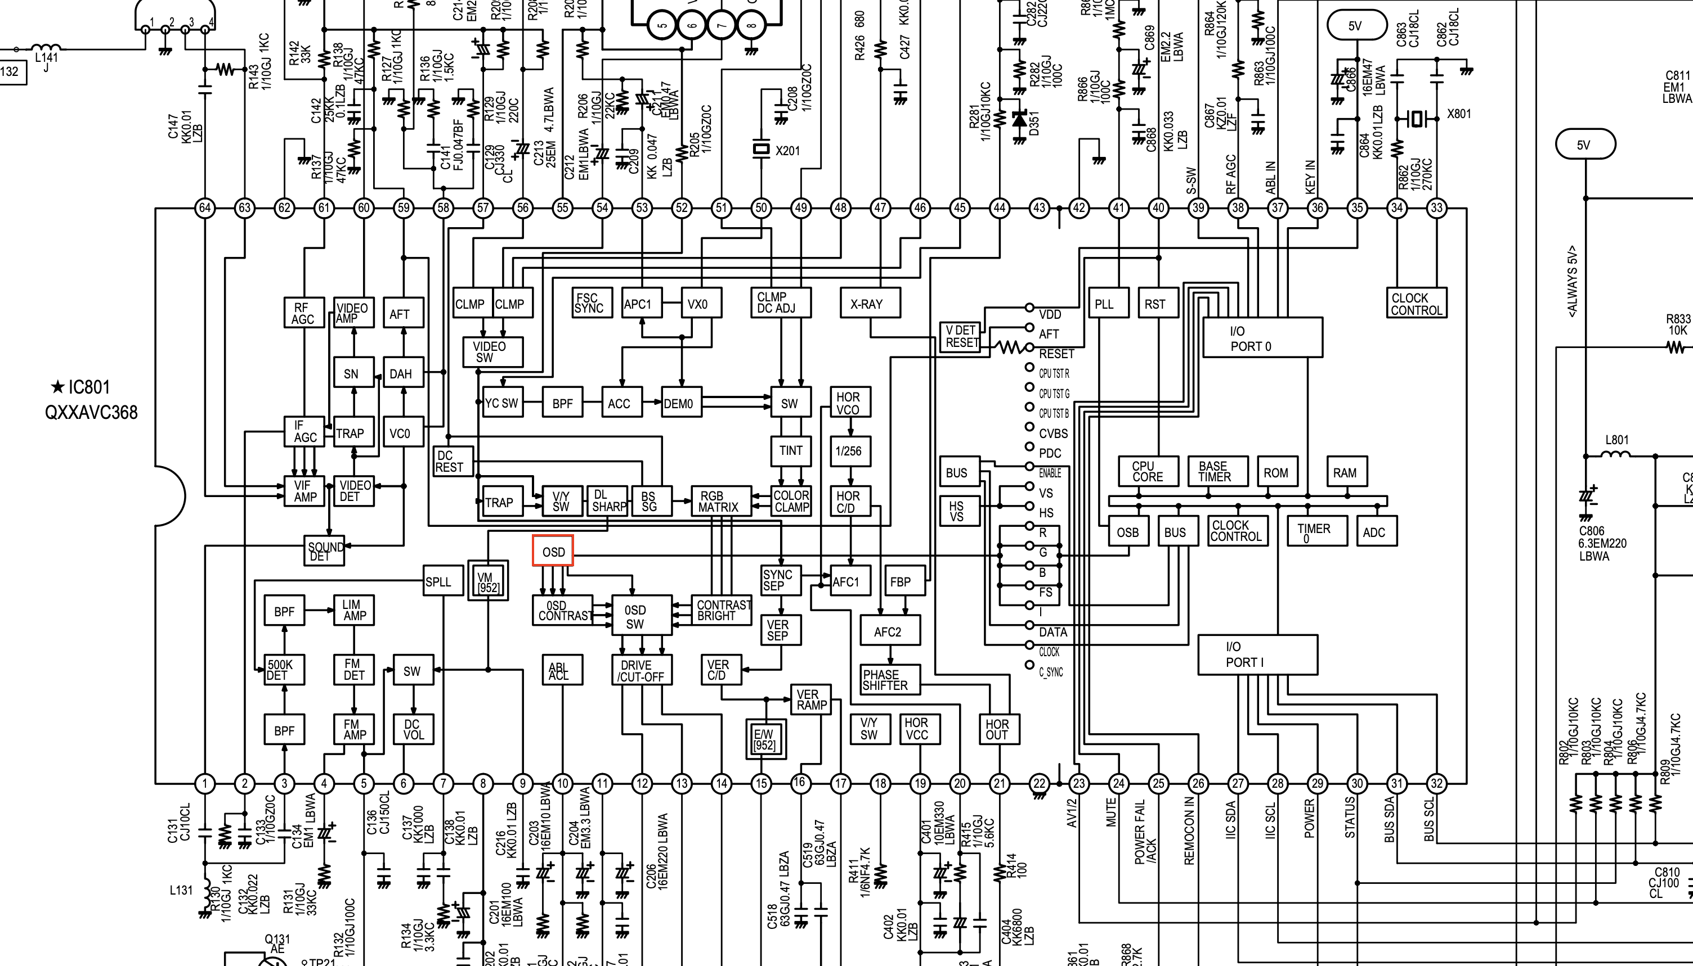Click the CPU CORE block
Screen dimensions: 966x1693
click(1147, 471)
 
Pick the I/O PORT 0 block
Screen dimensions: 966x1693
click(1261, 338)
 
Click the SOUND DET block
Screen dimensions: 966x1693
click(325, 550)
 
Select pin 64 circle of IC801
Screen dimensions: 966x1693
click(204, 207)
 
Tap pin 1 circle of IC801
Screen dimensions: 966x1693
click(204, 784)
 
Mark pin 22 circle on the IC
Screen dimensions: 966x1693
click(1039, 784)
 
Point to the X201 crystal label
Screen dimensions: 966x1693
click(787, 151)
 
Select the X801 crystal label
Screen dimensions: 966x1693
click(1459, 114)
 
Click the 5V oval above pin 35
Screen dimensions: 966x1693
click(1356, 26)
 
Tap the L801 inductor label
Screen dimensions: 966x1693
click(1616, 440)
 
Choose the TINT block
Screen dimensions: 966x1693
click(790, 450)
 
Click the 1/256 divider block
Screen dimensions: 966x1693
click(849, 451)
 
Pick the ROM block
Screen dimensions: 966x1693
click(1275, 472)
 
